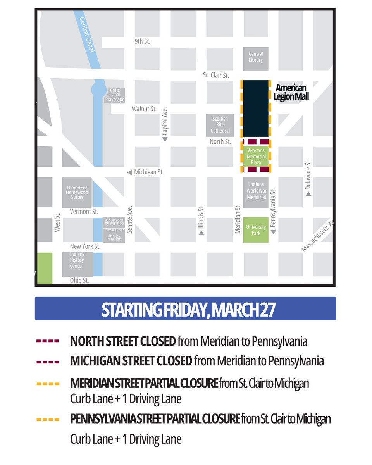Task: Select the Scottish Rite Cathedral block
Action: tap(220, 125)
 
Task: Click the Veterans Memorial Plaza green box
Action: tap(256, 157)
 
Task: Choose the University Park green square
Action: tap(256, 230)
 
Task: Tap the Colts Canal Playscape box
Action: tap(115, 95)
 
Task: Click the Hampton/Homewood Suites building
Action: tap(77, 192)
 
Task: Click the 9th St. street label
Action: tap(142, 41)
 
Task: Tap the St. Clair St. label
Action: tap(216, 75)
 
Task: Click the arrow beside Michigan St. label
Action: tap(129, 172)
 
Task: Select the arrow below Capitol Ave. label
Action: tap(165, 139)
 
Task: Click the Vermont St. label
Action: tap(84, 212)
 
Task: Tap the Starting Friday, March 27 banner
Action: tap(185, 309)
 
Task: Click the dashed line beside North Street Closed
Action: tap(48, 341)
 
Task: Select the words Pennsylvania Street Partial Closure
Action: tap(155, 419)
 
